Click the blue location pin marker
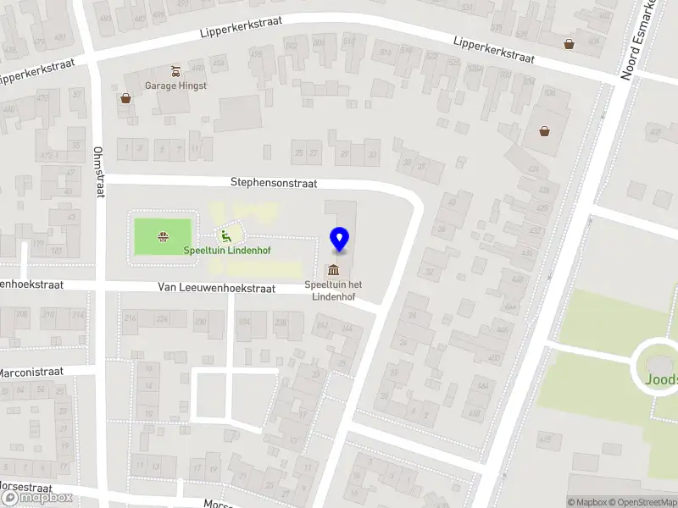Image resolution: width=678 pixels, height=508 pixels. [x=339, y=240]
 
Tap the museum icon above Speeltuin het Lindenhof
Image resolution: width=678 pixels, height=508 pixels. [x=333, y=270]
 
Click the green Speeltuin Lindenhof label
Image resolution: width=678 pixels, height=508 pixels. [x=222, y=250]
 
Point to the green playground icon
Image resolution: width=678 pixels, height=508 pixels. [x=225, y=236]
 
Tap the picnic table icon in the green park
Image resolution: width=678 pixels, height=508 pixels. [x=162, y=236]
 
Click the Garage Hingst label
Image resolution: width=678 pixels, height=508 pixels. [x=175, y=86]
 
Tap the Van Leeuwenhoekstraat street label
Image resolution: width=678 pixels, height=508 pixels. [x=216, y=288]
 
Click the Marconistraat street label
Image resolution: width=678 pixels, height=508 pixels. [x=31, y=372]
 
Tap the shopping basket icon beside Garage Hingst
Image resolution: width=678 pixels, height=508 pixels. [x=126, y=98]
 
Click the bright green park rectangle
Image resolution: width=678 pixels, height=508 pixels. [x=163, y=236]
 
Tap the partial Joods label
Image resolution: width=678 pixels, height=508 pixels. [x=661, y=380]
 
